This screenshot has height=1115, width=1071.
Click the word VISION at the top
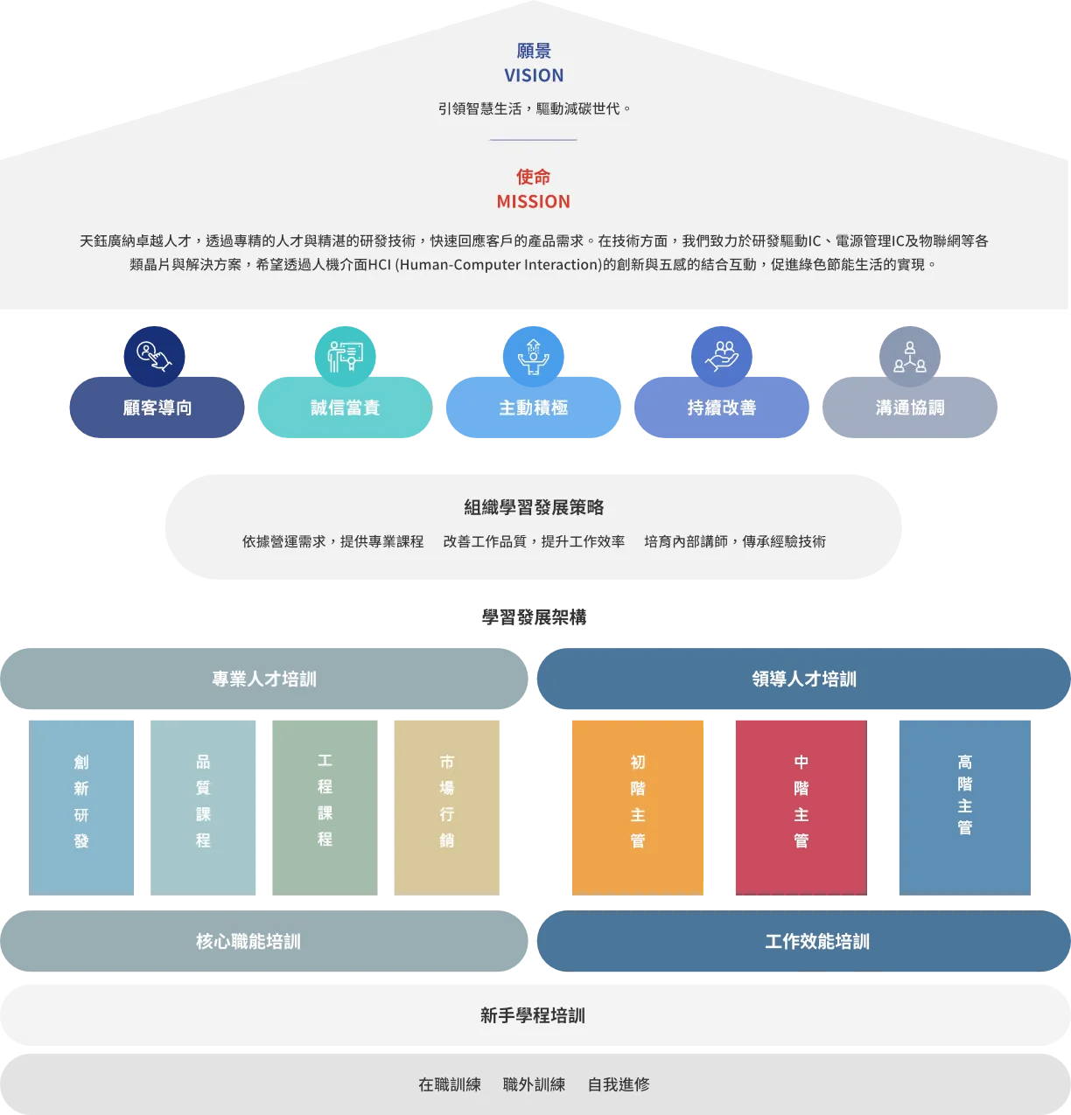tap(534, 75)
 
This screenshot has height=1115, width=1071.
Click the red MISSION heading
tap(533, 201)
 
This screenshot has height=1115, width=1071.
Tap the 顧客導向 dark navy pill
tap(157, 408)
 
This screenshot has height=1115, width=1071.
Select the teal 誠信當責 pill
tap(345, 408)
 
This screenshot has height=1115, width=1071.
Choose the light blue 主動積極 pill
tap(533, 408)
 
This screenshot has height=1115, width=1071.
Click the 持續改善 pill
tap(721, 408)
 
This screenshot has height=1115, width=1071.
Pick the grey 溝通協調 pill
tap(910, 408)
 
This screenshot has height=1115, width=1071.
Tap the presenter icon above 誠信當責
tap(345, 353)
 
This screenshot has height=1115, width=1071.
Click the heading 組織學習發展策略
tap(533, 507)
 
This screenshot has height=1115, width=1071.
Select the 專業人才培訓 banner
tap(263, 679)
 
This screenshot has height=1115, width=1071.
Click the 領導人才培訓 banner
tap(803, 679)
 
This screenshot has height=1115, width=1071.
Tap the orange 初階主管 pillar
tap(637, 805)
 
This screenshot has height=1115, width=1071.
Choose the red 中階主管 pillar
tap(801, 805)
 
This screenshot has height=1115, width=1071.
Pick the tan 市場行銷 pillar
tap(447, 805)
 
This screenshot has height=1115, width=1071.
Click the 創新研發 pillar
tap(81, 805)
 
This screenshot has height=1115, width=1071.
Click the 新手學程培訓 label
tap(533, 1015)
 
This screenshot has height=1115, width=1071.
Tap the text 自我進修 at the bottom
tap(619, 1084)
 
